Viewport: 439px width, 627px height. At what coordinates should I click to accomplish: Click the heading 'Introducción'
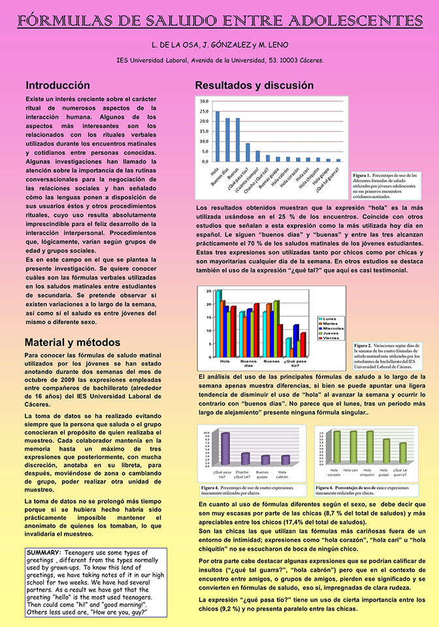pyautogui.click(x=57, y=86)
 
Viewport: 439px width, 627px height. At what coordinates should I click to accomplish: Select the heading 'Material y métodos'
pyautogui.click(x=73, y=342)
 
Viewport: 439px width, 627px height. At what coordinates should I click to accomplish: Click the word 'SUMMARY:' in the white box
pyautogui.click(x=44, y=553)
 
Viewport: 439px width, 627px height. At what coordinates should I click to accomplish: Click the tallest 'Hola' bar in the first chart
pyautogui.click(x=218, y=136)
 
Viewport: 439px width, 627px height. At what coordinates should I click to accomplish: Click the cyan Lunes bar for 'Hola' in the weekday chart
pyautogui.click(x=218, y=323)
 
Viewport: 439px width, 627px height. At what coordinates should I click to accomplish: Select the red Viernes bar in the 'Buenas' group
pyautogui.click(x=280, y=341)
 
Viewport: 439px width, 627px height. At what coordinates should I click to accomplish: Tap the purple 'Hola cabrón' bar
pyautogui.click(x=285, y=460)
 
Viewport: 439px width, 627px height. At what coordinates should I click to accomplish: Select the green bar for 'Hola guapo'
pyautogui.click(x=386, y=451)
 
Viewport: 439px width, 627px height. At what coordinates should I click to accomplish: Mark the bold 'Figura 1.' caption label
pyautogui.click(x=361, y=176)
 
